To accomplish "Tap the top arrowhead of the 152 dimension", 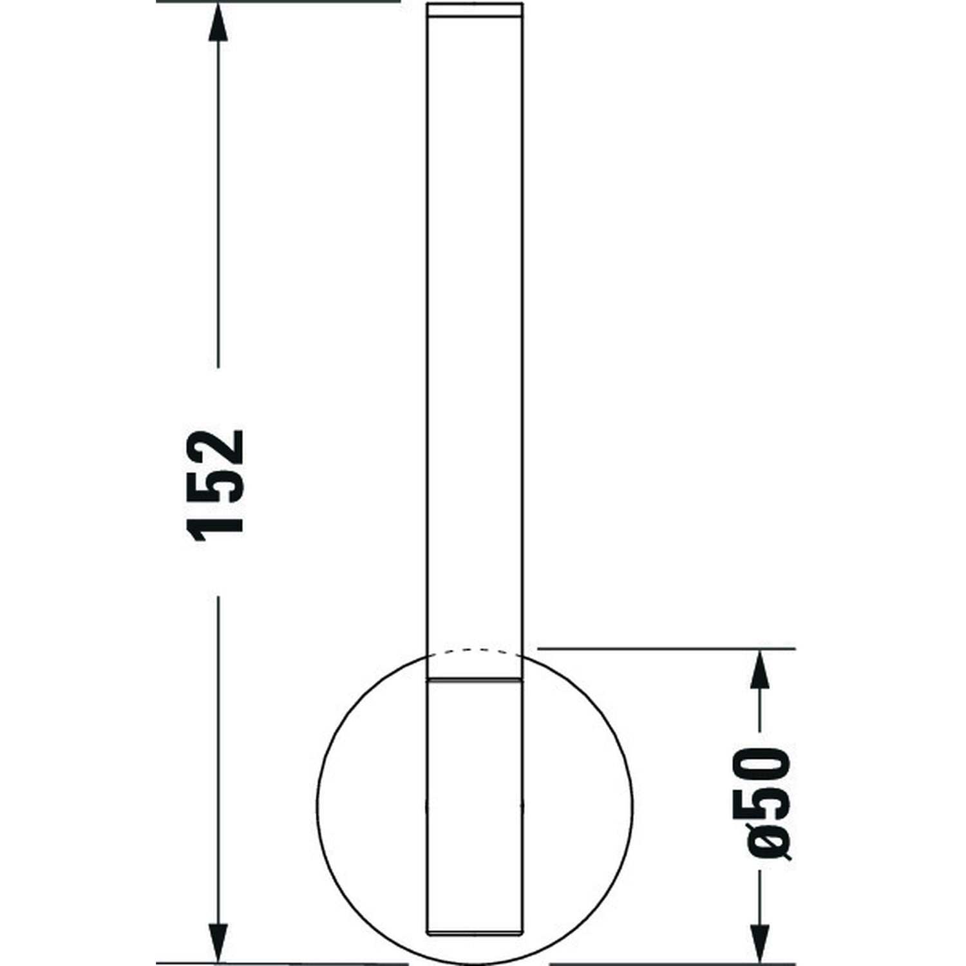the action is [219, 19].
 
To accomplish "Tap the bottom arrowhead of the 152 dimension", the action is [219, 943].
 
